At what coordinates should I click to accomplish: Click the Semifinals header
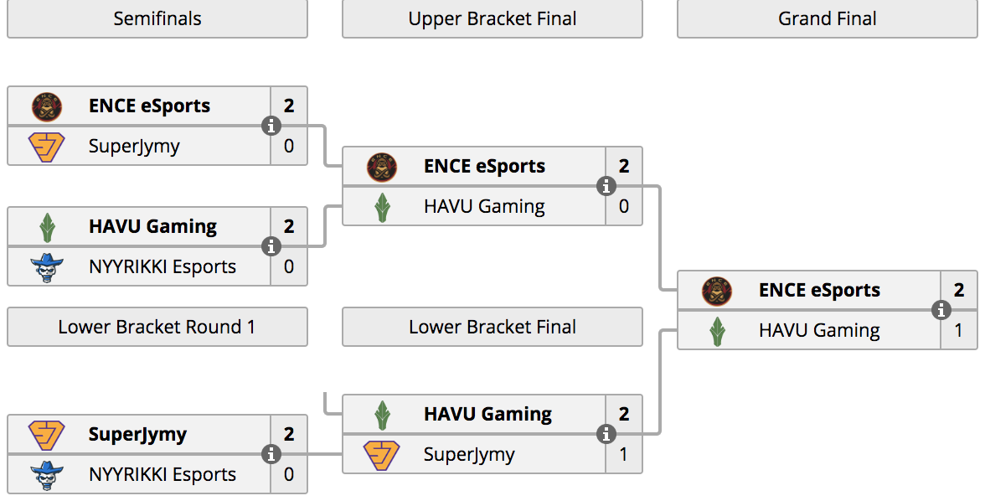point(157,19)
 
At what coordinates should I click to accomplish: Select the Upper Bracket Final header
point(492,19)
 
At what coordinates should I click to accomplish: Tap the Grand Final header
point(828,19)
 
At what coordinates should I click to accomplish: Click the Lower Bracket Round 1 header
point(157,327)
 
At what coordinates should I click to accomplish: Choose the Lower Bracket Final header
point(492,327)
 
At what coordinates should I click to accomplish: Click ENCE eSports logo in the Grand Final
point(717,291)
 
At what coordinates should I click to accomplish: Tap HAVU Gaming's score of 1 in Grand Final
point(958,330)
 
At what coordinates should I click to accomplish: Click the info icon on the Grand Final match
point(941,310)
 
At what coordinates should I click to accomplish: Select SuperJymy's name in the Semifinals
point(134,147)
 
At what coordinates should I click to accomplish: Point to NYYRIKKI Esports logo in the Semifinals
point(47,267)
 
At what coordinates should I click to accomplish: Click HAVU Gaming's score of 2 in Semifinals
point(289,226)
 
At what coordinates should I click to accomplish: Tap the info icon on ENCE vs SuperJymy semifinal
point(271,126)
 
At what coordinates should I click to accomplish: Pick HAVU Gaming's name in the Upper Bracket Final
point(484,207)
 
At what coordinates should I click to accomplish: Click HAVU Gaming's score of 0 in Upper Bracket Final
point(624,206)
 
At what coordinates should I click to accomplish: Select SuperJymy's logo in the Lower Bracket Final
point(382,455)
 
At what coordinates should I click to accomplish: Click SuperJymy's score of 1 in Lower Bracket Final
point(624,454)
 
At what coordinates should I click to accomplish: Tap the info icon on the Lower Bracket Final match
point(606,434)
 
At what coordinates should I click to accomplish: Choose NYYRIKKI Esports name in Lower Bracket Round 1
point(162,474)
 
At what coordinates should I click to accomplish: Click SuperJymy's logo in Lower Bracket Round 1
point(47,435)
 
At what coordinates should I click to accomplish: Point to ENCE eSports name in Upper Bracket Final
point(484,167)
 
